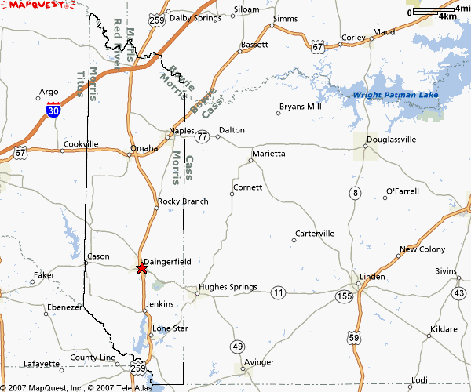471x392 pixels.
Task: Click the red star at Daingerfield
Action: click(x=141, y=269)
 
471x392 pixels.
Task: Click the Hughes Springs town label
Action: click(x=228, y=288)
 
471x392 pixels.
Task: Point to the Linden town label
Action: click(x=372, y=278)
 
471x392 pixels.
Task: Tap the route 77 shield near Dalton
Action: click(x=203, y=136)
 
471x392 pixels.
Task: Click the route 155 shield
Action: click(x=343, y=296)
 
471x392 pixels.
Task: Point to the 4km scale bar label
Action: click(x=447, y=16)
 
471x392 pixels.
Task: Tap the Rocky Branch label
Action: click(x=183, y=201)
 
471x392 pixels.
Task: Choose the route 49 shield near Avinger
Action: click(x=238, y=346)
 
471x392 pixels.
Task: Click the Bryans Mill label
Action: click(x=300, y=106)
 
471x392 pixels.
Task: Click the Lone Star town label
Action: click(x=170, y=328)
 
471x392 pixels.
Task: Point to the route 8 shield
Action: click(x=356, y=193)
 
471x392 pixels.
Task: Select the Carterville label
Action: click(x=315, y=234)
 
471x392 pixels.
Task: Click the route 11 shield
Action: click(x=278, y=292)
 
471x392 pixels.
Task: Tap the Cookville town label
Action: click(x=82, y=144)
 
